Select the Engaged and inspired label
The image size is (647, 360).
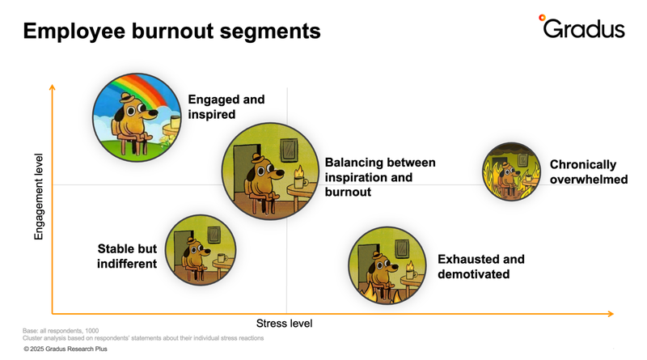tap(226, 107)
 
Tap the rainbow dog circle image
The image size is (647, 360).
tap(136, 112)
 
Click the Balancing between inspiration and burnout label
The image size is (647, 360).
tap(379, 177)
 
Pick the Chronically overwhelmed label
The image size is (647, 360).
tap(588, 172)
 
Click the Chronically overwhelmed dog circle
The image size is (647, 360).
tap(511, 172)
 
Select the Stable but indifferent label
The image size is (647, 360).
tap(127, 256)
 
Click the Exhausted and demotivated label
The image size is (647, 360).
tap(480, 266)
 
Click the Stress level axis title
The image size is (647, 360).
tap(284, 324)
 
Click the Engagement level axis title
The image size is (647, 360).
tap(38, 197)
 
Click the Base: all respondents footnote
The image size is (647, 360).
tap(61, 330)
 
